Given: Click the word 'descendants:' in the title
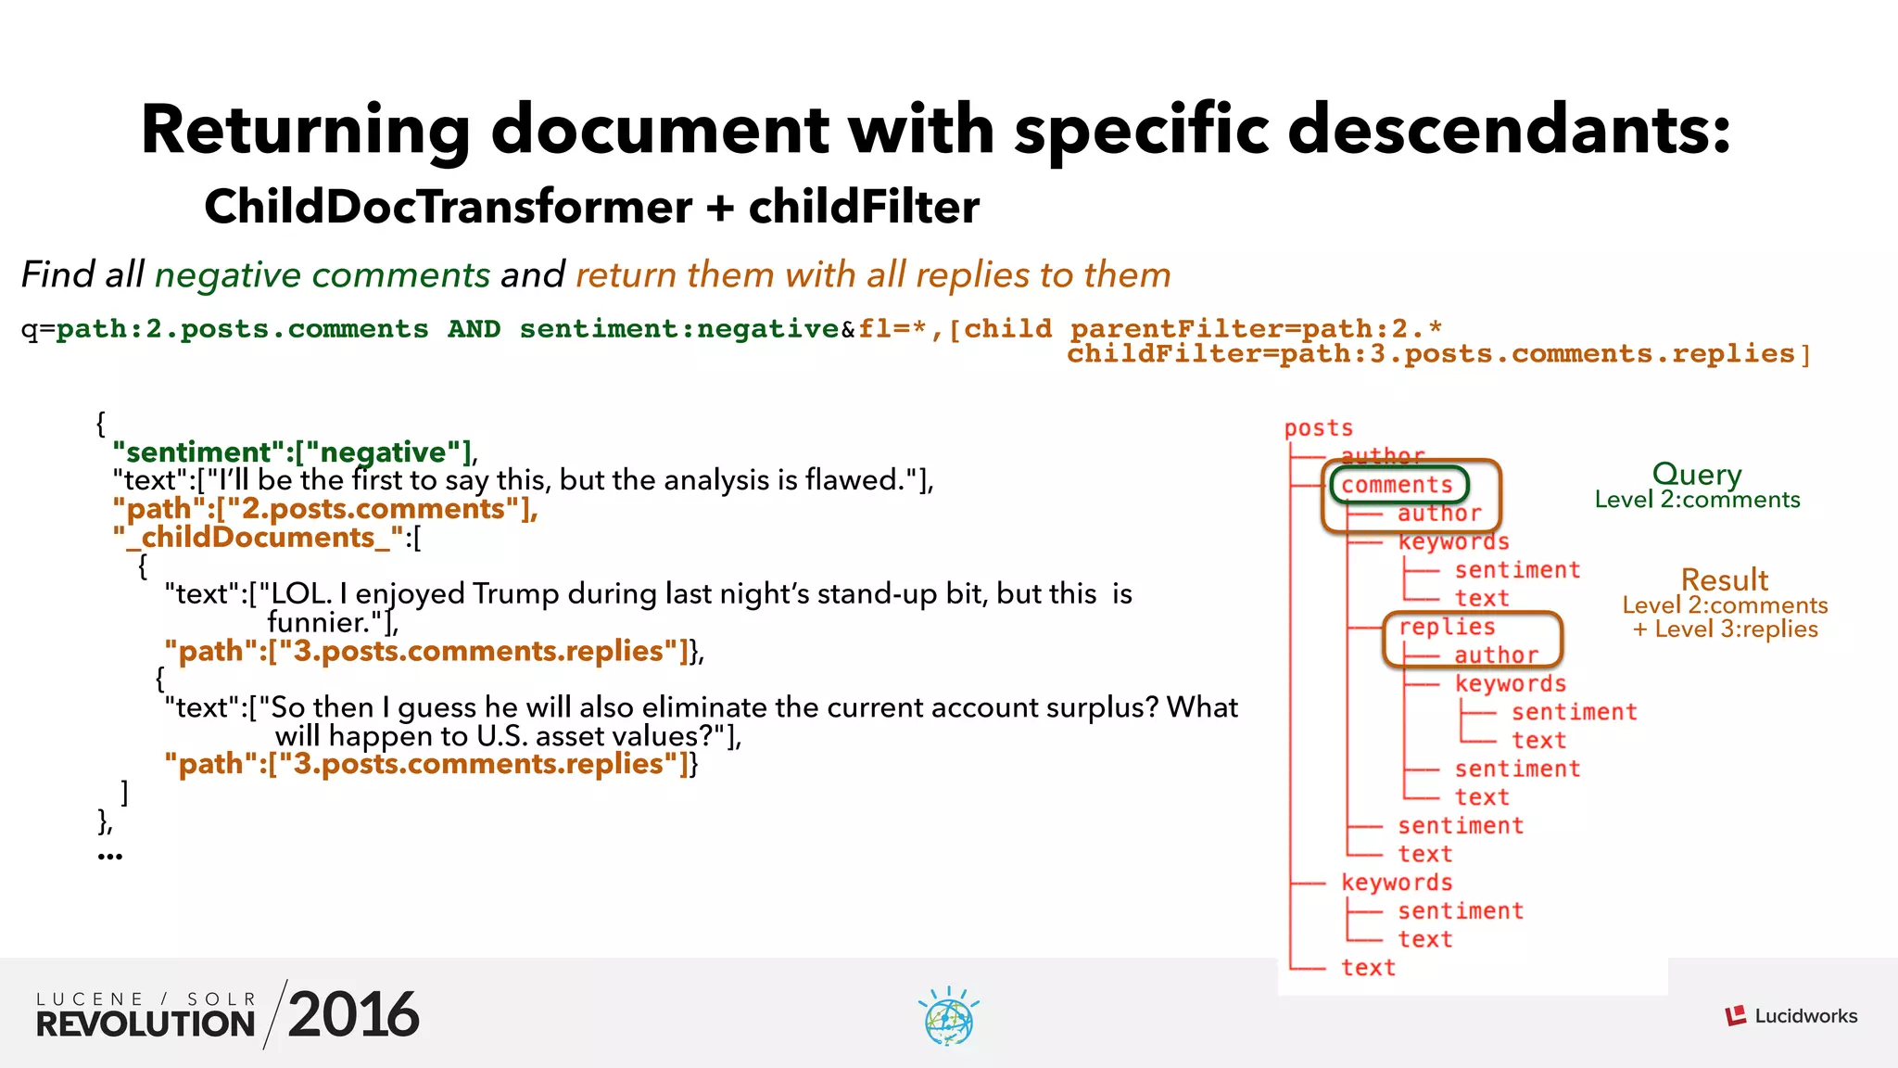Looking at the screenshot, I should point(1509,130).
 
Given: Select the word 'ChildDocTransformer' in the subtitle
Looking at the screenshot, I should point(448,207).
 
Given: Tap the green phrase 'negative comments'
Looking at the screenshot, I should point(322,275).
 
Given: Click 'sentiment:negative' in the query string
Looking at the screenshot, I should point(678,329).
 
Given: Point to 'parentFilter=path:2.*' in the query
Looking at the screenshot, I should point(1256,329).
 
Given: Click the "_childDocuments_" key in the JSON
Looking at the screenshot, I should point(259,538).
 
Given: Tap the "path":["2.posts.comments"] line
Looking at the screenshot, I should point(324,509).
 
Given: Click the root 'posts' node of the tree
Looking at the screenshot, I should point(1318,428).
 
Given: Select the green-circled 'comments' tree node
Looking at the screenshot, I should point(1397,485).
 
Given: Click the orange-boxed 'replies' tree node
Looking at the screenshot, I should point(1446,628).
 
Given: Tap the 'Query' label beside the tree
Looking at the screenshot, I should point(1696,475).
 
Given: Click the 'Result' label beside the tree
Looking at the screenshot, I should point(1724,580).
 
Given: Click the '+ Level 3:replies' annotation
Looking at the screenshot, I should point(1725,629).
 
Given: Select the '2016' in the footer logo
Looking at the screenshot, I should point(353,1015).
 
